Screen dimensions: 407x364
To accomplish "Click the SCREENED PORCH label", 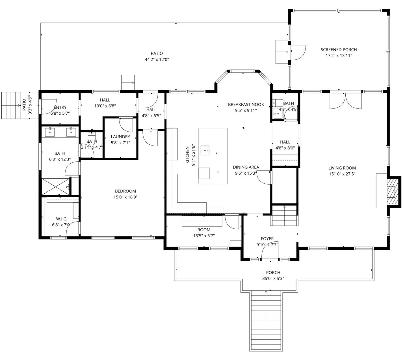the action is pos(339,50).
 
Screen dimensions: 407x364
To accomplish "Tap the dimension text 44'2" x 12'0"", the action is pos(157,59).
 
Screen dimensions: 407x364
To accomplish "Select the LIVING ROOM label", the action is pos(342,168).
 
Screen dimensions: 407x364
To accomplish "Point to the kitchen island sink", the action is pos(205,151).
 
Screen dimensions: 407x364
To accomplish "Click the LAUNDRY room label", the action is pos(120,137).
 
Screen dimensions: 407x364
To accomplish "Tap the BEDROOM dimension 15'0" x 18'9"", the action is pos(125,197).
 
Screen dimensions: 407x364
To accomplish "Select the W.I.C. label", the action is pos(61,219).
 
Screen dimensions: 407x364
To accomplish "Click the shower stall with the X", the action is pos(56,187).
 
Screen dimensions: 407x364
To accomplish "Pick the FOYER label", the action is pos(267,239).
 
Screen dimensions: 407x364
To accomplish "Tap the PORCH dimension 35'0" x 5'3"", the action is pos(273,279).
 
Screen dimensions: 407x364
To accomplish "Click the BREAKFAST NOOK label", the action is pos(246,105).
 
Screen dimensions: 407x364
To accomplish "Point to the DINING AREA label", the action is pos(246,167).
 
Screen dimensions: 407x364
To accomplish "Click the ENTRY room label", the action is pos(60,108).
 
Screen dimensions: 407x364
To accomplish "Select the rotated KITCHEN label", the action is pos(187,155).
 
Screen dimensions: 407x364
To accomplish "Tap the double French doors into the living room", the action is pos(345,101).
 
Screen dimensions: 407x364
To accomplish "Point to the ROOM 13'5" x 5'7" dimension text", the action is pos(204,236).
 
